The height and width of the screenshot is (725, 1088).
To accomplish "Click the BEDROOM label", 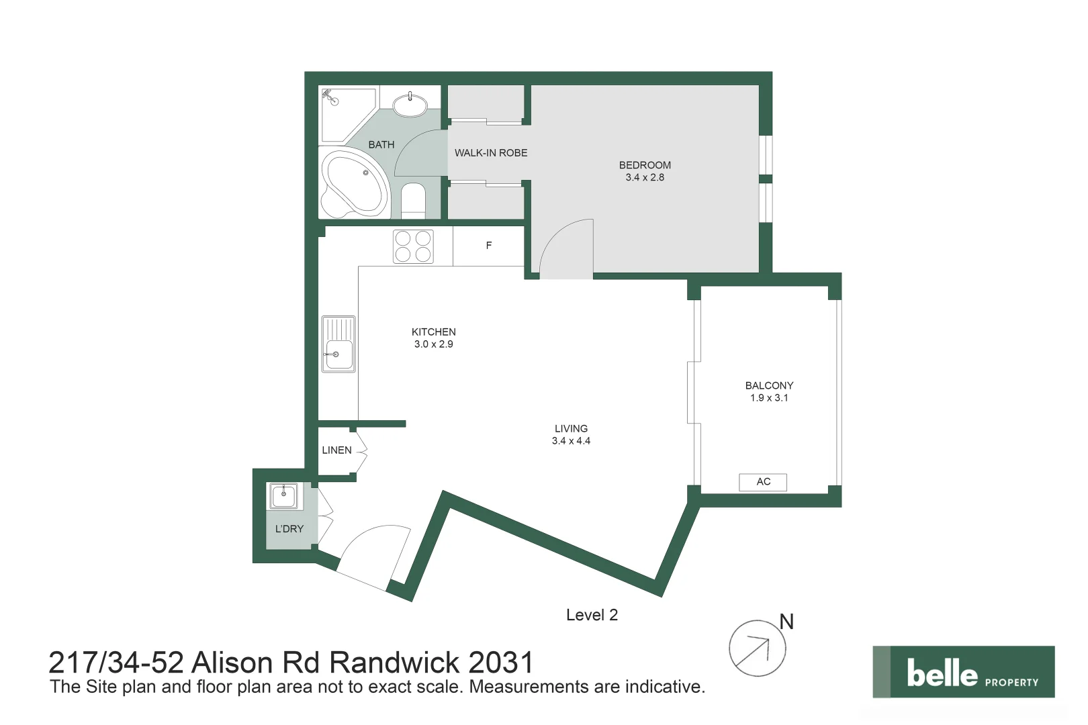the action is pos(645,165).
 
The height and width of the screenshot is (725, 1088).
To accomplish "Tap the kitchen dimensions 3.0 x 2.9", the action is pos(433,344).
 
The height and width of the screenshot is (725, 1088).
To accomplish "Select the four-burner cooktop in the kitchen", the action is pos(413,246).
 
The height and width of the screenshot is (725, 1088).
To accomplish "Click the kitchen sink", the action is pos(338,344).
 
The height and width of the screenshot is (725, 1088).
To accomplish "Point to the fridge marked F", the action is pos(489,246).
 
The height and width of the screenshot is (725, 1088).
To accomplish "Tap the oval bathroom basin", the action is pos(410,105).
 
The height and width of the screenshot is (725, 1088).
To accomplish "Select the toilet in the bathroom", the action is pos(413,201).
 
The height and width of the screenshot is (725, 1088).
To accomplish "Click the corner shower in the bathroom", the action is pos(349,115).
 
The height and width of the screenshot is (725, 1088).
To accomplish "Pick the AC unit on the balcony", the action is pos(763,482).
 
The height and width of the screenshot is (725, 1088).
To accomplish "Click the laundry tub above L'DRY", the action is pos(283,495).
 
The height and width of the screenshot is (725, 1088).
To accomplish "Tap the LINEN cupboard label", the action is pos(336,450).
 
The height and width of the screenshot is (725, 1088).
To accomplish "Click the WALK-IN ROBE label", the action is pos(490,153).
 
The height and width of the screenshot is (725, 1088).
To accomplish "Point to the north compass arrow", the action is pos(753,651).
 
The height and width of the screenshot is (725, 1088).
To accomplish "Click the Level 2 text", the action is pos(592,616).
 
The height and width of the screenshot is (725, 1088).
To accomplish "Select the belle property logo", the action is pos(964,671).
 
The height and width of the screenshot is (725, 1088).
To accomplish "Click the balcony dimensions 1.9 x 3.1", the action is pos(769,397).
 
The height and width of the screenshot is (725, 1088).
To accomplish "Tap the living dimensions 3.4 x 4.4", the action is pos(571,441).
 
